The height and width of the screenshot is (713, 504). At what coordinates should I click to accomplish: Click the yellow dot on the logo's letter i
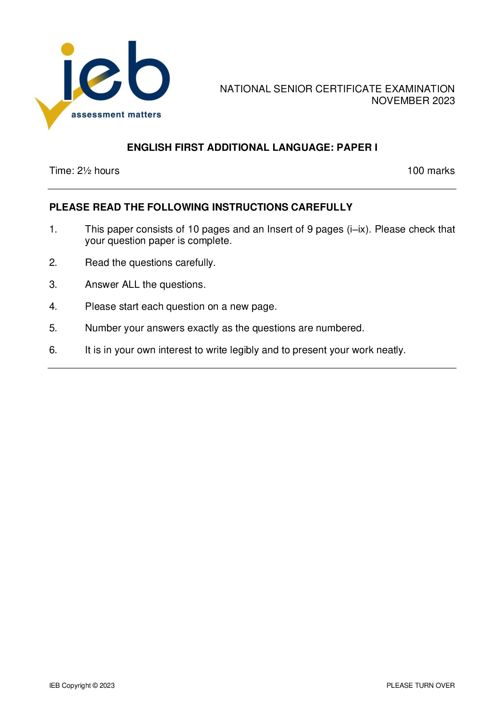pos(68,49)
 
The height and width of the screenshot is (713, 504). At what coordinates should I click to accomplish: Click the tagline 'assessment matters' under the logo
pos(116,115)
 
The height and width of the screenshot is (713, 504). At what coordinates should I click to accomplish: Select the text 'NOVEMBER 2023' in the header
pos(413,101)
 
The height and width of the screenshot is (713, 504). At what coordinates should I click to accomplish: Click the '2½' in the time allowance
pos(84,171)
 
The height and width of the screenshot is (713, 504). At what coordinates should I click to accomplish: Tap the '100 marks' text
pos(431,171)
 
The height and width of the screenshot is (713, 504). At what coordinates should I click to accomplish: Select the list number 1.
pos(53,230)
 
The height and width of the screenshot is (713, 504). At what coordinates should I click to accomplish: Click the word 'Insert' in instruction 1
pos(280,230)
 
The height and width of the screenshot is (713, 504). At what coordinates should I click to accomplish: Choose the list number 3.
pos(53,285)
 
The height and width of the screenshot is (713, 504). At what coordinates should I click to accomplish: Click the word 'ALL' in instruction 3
pos(131,285)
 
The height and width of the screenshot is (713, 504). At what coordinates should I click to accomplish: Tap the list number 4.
pos(53,307)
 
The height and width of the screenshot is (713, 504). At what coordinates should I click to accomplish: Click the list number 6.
pos(53,350)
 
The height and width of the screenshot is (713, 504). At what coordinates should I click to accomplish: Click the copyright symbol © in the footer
pos(95,685)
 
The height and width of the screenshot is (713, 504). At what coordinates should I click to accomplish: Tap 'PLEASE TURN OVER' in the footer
pos(420,685)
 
